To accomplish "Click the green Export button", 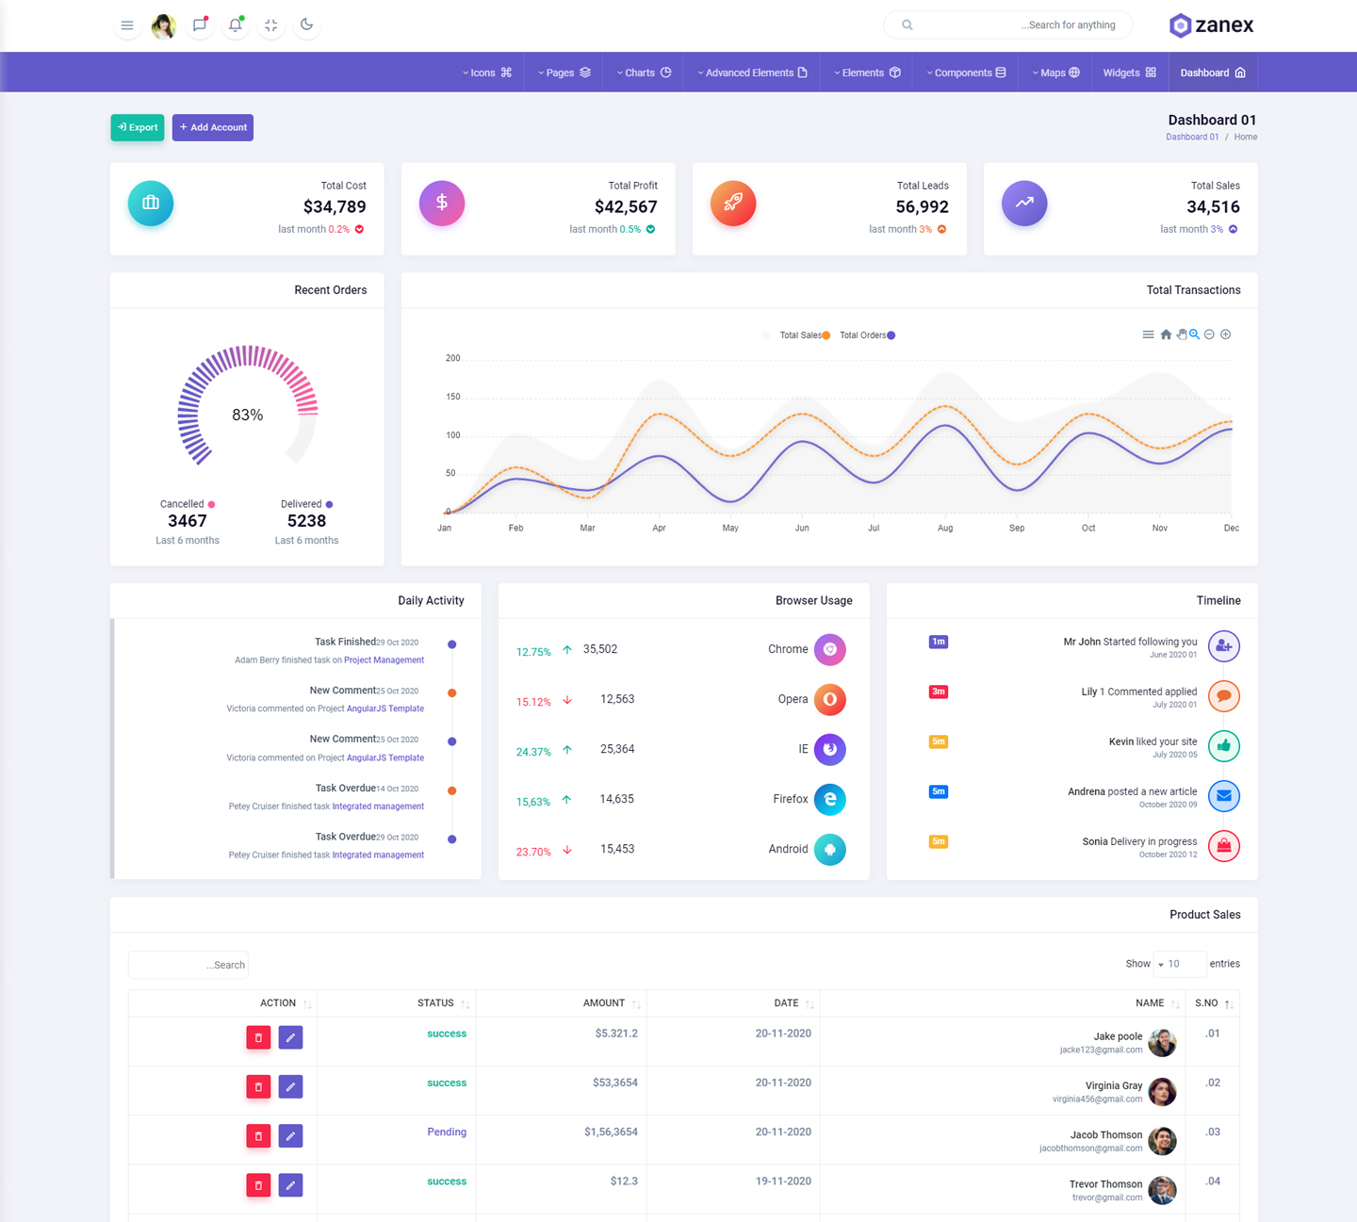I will tap(138, 127).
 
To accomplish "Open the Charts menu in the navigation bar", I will tap(645, 73).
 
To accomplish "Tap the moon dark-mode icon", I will tap(306, 24).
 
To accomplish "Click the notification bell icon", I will tap(236, 24).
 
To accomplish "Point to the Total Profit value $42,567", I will tap(626, 207).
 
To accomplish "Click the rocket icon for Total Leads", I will tap(733, 203).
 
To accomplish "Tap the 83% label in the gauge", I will tap(248, 415).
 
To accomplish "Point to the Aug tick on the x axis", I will tap(945, 529).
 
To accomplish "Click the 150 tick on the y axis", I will tap(453, 397).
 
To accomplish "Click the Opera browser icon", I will tap(829, 699).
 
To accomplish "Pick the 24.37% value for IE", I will tap(533, 752).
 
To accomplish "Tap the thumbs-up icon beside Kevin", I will tap(1223, 746).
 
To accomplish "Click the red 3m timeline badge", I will tap(939, 692).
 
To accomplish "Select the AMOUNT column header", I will tap(604, 1002).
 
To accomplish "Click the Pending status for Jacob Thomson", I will tap(447, 1132).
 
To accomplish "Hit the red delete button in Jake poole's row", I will tap(258, 1037).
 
